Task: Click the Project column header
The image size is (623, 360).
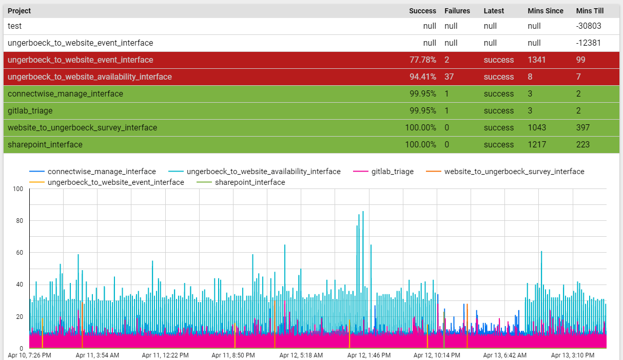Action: click(19, 11)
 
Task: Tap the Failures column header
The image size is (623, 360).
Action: click(457, 11)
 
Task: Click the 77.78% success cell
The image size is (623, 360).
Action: click(422, 60)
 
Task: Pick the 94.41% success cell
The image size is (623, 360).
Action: click(422, 77)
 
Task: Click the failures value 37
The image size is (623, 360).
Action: click(449, 77)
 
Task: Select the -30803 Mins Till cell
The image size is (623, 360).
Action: click(588, 26)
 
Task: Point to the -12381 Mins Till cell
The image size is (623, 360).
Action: click(588, 43)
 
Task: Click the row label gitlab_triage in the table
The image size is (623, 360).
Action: click(30, 111)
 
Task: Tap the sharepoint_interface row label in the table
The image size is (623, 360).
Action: click(45, 145)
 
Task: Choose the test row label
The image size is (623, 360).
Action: click(14, 26)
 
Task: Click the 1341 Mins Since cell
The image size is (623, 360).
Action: click(536, 60)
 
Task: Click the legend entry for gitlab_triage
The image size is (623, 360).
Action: click(392, 172)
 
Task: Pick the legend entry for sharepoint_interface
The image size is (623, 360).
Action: click(250, 182)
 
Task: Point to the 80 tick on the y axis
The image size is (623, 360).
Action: click(19, 221)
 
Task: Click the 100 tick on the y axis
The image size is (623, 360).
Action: click(17, 189)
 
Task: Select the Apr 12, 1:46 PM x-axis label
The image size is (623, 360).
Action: click(368, 355)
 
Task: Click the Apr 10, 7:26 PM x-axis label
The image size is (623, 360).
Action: click(29, 355)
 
